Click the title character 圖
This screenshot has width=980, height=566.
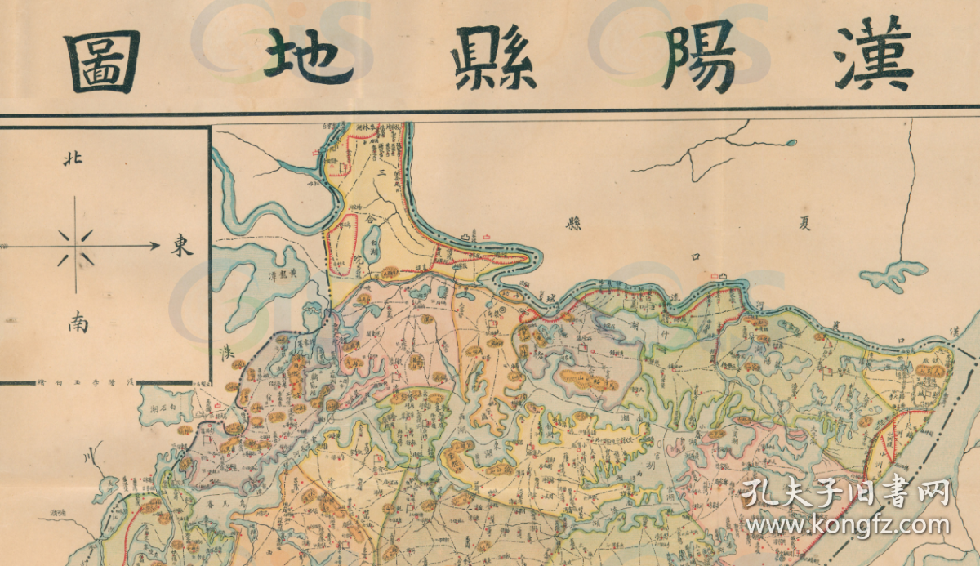point(102,62)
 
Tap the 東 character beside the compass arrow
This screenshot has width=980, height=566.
point(181,245)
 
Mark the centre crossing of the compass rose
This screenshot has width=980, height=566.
point(75,245)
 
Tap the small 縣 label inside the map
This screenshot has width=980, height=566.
point(575,224)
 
